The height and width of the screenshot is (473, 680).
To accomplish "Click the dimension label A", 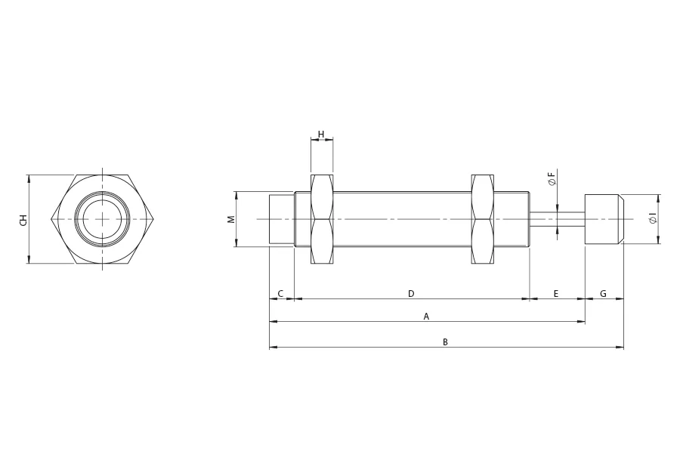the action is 426,317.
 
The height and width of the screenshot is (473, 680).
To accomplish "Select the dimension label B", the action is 445,342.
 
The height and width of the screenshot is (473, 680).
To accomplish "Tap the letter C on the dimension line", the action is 280,293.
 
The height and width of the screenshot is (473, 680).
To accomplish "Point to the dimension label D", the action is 411,293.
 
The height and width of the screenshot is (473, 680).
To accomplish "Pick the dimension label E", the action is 556,293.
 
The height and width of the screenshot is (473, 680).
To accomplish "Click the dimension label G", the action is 603,293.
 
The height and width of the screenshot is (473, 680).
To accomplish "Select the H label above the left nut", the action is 321,134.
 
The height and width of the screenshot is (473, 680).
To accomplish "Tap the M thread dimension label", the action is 232,219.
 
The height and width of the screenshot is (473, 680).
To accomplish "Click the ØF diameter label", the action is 552,178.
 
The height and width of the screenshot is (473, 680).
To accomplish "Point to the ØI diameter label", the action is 653,219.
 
